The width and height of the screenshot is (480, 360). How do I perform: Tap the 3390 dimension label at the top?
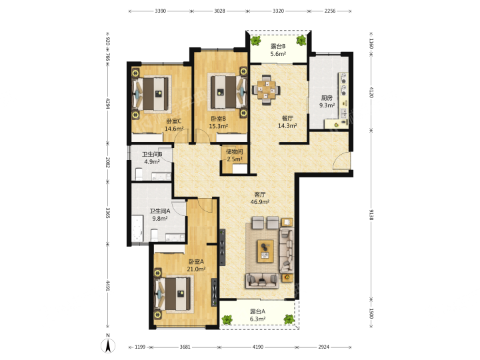coord(161,11)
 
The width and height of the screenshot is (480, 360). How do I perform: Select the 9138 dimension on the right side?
coord(371,215)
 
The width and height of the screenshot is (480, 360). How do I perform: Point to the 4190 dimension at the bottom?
coord(258,347)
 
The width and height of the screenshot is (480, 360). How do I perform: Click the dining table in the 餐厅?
coord(266,89)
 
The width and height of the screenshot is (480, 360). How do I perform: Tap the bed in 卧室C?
coord(151,94)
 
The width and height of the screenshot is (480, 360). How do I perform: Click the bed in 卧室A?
coord(175,294)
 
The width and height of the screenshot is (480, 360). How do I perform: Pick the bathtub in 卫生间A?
coord(137,229)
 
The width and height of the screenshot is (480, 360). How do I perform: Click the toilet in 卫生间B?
coord(139,174)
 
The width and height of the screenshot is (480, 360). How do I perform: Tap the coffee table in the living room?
coord(265,251)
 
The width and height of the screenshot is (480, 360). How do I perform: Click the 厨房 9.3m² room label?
coord(327,101)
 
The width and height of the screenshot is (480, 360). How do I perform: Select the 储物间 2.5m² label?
coord(235,155)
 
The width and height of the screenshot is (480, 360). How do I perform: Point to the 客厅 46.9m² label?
coord(260,198)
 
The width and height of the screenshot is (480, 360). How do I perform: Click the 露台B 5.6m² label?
coord(278,50)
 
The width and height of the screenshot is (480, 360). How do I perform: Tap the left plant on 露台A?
coord(227,319)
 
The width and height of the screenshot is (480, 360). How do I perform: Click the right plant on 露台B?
coord(301,41)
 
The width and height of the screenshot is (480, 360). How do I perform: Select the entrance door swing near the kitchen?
coord(341,160)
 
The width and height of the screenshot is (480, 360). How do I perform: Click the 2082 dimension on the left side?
coord(107,162)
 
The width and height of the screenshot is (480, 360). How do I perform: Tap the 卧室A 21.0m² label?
coord(196,265)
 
